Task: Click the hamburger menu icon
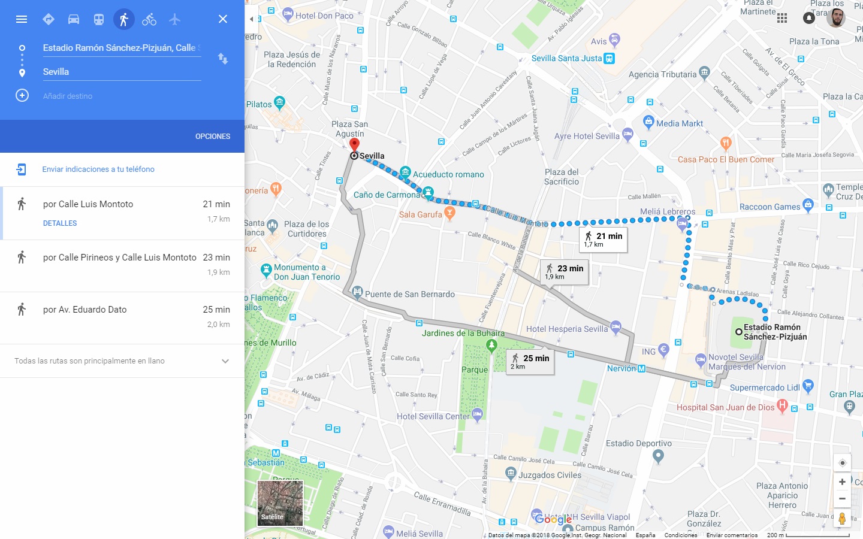[22, 19]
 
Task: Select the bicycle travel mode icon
[149, 19]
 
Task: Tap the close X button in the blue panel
[223, 19]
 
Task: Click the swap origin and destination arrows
[223, 59]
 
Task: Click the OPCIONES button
[213, 137]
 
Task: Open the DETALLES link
[60, 223]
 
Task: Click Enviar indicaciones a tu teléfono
[98, 169]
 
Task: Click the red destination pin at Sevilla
[354, 145]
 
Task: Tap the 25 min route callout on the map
[530, 361]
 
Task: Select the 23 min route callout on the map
[565, 271]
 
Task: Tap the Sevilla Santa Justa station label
[566, 58]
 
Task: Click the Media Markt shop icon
[648, 122]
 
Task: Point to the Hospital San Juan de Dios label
[725, 407]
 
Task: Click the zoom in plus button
[842, 482]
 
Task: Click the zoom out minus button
[842, 498]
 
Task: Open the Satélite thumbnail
[280, 503]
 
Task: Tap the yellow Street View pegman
[842, 518]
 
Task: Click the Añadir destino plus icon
[22, 96]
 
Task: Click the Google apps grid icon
[782, 18]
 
